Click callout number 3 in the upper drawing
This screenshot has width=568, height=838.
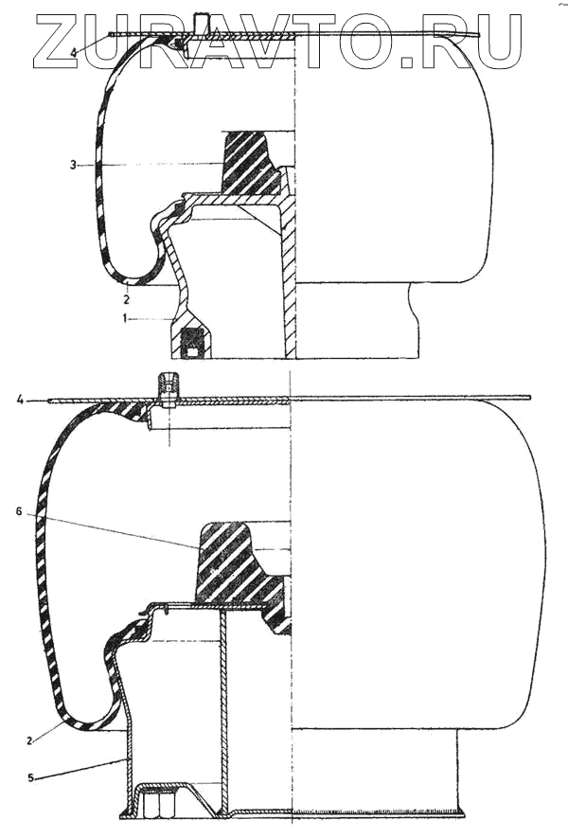click(73, 165)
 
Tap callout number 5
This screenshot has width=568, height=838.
click(31, 778)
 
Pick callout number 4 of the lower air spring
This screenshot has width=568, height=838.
click(20, 401)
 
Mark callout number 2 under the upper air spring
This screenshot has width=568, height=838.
click(127, 299)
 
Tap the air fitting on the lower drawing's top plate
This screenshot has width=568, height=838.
click(168, 388)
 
